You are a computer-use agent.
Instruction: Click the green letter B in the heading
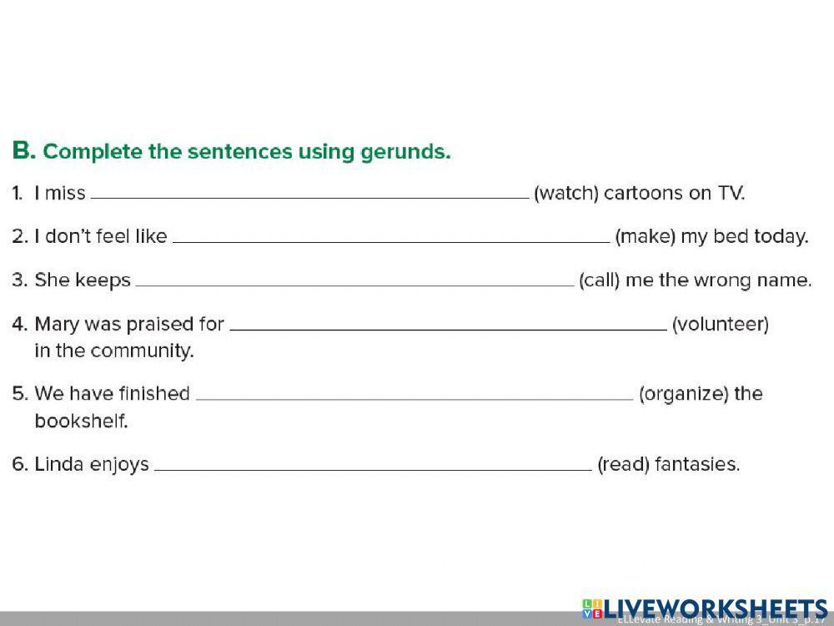coord(23,151)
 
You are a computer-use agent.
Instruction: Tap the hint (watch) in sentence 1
coord(566,194)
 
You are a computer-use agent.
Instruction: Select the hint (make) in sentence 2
coord(645,236)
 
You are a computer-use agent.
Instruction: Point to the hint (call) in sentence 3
coord(599,280)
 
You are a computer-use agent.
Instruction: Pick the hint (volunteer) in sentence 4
coord(721,324)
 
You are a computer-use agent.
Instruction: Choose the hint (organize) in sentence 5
coord(683,394)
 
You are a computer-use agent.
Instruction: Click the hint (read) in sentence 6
coord(623,464)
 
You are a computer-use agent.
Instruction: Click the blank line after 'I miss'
coord(309,197)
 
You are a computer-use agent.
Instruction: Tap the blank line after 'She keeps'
coord(354,284)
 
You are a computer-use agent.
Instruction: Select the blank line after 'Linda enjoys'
coord(373,467)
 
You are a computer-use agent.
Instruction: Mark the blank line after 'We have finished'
coord(414,397)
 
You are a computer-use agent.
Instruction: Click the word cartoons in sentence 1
coord(643,194)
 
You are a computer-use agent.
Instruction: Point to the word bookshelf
coord(81,422)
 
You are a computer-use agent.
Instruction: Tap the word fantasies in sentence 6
coord(697,464)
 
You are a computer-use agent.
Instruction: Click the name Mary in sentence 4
coord(56,324)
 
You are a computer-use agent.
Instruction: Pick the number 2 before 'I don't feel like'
coord(19,236)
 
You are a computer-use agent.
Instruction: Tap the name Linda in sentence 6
coord(57,464)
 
